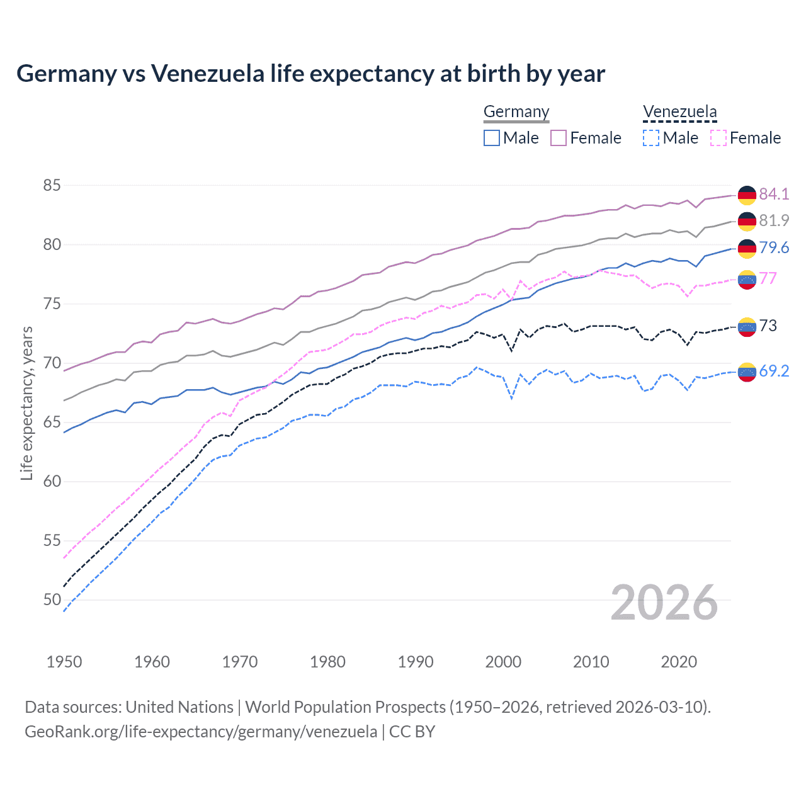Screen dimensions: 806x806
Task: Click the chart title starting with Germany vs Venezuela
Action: (x=310, y=74)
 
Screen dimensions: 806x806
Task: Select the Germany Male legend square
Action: (x=492, y=138)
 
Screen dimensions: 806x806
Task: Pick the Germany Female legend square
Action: (x=559, y=138)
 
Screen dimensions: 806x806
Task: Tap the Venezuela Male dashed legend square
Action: (x=651, y=138)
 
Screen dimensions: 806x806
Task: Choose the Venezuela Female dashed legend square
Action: (x=718, y=138)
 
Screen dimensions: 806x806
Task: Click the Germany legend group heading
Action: (x=516, y=112)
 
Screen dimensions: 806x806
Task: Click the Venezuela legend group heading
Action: (x=679, y=112)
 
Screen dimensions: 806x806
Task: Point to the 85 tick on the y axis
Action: (x=52, y=186)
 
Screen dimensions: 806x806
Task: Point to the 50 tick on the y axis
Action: (x=52, y=600)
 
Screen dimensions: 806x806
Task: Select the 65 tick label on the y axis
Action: (x=52, y=423)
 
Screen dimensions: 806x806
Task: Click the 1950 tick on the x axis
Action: (x=64, y=662)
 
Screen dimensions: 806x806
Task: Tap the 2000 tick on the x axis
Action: (x=503, y=662)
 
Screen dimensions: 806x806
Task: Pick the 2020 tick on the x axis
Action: (x=679, y=662)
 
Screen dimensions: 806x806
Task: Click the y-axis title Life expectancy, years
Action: (x=26, y=403)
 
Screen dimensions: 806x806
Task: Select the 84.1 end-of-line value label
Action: (x=774, y=194)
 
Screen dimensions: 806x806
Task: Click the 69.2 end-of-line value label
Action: (x=774, y=372)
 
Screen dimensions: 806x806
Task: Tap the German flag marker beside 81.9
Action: (x=747, y=221)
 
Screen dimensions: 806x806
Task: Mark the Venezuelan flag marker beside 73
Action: (x=747, y=326)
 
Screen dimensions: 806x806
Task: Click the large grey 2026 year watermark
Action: (x=664, y=603)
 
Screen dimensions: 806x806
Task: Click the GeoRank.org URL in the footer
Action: (x=201, y=732)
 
